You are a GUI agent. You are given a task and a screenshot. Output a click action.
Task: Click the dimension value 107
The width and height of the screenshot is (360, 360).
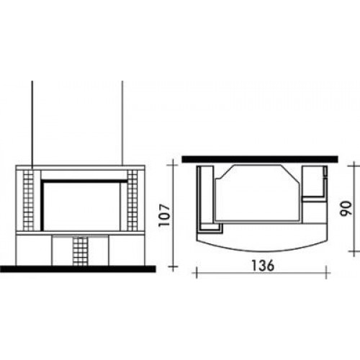click(x=165, y=215)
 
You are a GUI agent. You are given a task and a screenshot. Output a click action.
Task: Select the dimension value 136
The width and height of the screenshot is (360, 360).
click(x=262, y=266)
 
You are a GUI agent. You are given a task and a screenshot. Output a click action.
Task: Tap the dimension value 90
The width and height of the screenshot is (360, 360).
click(x=346, y=208)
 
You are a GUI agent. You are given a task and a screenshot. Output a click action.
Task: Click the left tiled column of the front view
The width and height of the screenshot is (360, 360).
click(x=28, y=200)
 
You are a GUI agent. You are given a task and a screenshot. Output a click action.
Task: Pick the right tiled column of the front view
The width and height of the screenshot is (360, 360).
click(x=132, y=200)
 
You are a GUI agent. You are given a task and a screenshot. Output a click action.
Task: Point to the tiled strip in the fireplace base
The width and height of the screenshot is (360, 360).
click(x=81, y=251)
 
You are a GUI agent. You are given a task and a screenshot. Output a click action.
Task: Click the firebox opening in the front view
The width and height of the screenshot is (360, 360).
click(x=81, y=205)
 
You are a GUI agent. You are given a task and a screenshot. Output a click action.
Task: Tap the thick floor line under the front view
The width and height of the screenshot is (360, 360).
click(x=78, y=269)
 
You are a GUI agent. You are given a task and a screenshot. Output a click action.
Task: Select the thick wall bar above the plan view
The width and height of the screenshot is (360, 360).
click(x=260, y=159)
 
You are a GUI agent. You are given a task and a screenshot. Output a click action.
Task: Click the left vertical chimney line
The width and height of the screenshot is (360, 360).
click(x=32, y=125)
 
